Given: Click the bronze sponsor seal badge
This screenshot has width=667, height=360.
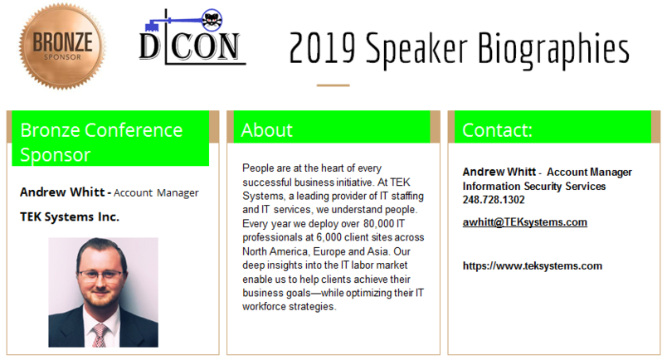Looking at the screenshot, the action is tap(62, 46).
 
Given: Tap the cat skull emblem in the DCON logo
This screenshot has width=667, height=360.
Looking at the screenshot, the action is tap(211, 20).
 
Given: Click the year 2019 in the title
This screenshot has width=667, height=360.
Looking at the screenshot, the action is tap(322, 48).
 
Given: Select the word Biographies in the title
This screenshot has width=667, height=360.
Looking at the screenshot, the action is tap(553, 51).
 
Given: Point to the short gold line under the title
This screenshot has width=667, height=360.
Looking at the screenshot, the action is tap(333, 85).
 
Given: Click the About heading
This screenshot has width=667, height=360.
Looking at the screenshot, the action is tap(266, 130).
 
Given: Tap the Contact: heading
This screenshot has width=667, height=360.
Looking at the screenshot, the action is tap(497, 130).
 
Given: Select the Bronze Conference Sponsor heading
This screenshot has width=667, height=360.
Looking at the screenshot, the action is tap(101, 142).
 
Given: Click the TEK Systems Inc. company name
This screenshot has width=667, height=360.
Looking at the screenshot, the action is tap(70, 217).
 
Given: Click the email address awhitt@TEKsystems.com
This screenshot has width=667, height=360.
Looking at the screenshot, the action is tap(525, 222).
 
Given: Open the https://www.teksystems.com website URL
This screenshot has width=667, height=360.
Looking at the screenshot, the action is tap(532, 266).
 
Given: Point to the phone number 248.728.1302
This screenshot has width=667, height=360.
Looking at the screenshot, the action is tap(494, 200).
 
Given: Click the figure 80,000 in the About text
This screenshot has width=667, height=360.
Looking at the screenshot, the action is tap(377, 223).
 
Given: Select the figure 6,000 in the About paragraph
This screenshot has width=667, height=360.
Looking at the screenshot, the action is tap(329, 237).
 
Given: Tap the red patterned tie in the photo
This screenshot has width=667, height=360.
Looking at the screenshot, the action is tap(100, 335).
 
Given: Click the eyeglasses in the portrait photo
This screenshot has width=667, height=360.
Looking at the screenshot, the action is tap(101, 275).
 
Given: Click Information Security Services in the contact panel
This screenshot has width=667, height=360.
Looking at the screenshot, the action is tap(534, 186).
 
